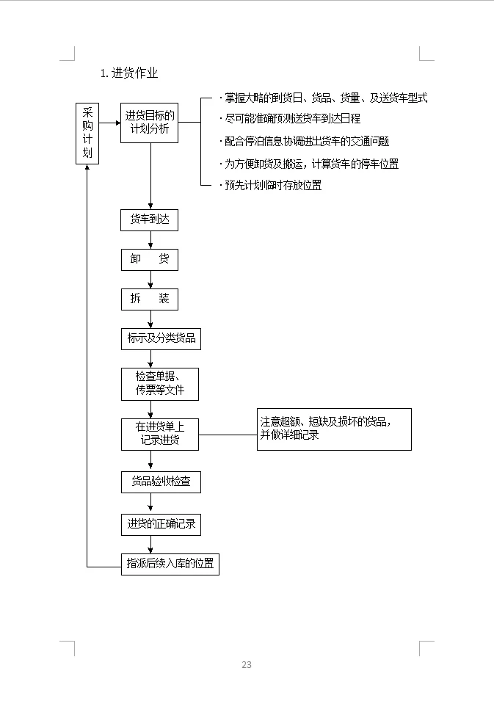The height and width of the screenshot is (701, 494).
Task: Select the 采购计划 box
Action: [87, 133]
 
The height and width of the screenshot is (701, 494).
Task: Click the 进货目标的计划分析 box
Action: [150, 122]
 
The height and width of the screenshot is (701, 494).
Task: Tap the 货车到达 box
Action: [150, 220]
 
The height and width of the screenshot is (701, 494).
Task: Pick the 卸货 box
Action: [150, 260]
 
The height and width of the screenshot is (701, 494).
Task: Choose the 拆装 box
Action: [150, 299]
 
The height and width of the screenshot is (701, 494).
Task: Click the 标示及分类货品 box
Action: [161, 338]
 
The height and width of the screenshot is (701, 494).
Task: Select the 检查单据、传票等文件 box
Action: [159, 383]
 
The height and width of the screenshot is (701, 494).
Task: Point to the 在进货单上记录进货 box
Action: [159, 434]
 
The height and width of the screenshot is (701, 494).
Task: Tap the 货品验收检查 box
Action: [160, 482]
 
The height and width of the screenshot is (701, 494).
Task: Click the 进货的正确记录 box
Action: [160, 524]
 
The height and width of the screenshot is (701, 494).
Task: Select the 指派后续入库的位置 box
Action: [170, 564]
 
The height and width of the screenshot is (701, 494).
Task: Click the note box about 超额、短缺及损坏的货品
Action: [333, 429]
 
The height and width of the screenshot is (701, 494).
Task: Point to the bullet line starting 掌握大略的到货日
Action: [323, 98]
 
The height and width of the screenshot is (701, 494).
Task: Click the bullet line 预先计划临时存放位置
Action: [272, 186]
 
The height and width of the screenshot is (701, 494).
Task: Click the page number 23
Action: [247, 665]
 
